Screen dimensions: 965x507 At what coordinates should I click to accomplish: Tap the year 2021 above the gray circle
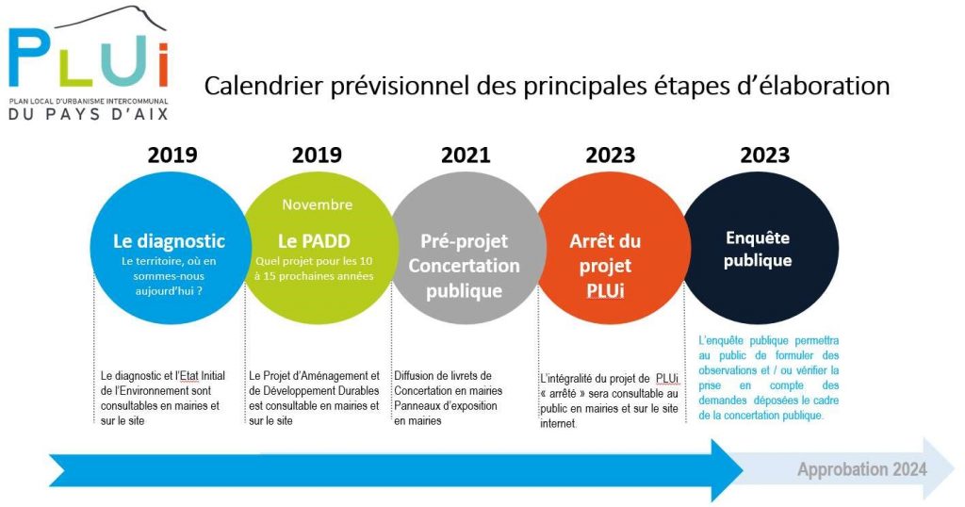466,155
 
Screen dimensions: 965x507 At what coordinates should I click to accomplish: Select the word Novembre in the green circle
317,204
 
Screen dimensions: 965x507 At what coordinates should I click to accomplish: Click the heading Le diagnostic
169,241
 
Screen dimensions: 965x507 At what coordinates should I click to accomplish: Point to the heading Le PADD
314,240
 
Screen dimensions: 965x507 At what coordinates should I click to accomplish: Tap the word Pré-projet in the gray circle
464,241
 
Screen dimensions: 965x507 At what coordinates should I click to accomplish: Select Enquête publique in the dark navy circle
758,249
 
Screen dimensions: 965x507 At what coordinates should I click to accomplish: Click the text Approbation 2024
861,469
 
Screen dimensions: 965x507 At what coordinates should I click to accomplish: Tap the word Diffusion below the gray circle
414,375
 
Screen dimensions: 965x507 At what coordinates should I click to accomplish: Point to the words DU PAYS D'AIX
88,113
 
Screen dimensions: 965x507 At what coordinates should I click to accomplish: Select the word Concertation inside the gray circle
464,266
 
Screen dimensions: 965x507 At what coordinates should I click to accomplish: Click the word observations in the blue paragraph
728,370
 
